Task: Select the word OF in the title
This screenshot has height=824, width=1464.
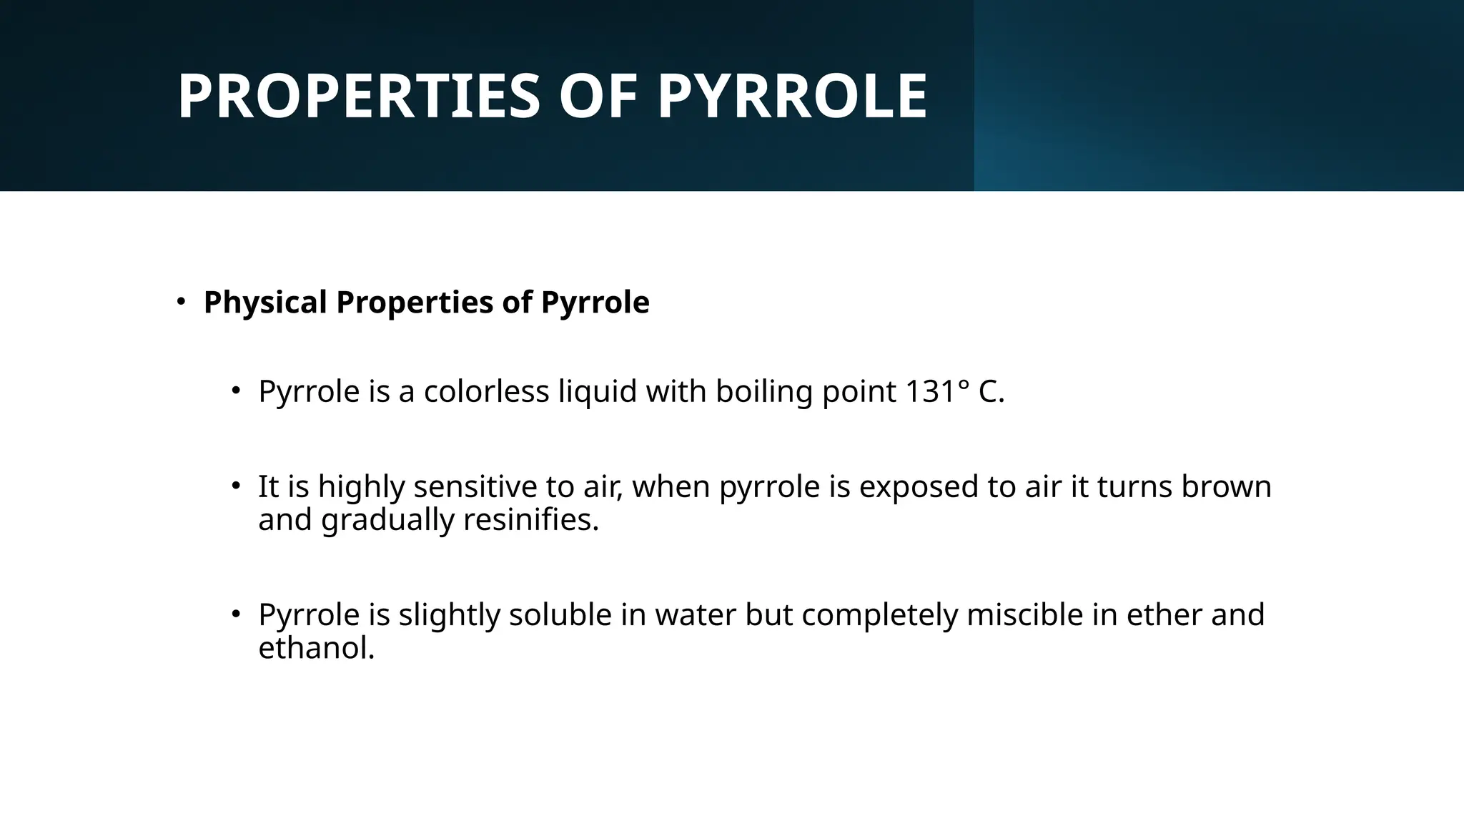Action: tap(598, 97)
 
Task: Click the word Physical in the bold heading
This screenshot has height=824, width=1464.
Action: tap(265, 302)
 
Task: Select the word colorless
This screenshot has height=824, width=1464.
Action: tap(486, 391)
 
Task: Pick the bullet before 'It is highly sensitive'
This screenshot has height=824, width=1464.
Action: tap(236, 486)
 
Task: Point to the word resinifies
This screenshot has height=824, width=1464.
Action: tap(530, 519)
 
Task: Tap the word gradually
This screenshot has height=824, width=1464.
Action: tap(387, 521)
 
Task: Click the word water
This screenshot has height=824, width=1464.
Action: tap(695, 614)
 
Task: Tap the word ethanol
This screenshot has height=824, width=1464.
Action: tap(316, 648)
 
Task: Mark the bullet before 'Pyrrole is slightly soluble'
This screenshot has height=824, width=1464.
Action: tap(236, 614)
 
